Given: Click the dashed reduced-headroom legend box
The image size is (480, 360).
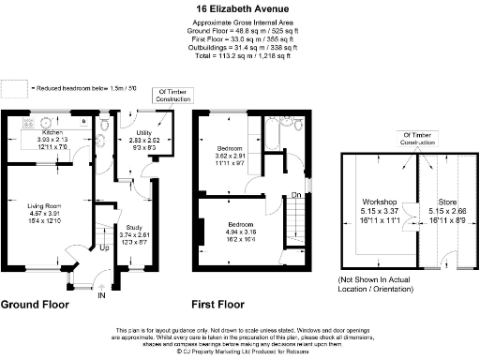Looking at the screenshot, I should click(14, 87).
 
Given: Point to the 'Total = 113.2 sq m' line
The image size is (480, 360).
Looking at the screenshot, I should click(240, 55).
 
